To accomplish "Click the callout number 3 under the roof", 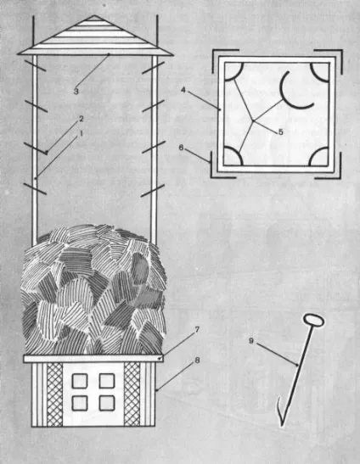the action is [76, 92].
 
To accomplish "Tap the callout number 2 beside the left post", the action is [81, 120].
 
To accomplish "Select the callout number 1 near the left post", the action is [79, 134].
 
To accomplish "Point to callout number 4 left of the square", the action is [183, 90].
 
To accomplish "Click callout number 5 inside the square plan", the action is [280, 132].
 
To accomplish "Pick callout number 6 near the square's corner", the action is [182, 147].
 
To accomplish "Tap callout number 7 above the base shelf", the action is [197, 330].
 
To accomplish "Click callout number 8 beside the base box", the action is [197, 361].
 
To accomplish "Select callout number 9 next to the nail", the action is [251, 341].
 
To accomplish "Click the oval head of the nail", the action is [314, 321].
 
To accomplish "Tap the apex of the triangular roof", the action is [94, 15].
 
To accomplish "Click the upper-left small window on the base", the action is [80, 381].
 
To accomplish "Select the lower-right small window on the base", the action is [107, 403].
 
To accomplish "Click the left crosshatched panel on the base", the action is [55, 394].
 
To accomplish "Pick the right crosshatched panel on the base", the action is [132, 394].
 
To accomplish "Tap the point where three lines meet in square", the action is [253, 120].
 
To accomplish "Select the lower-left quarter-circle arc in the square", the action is [240, 154].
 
